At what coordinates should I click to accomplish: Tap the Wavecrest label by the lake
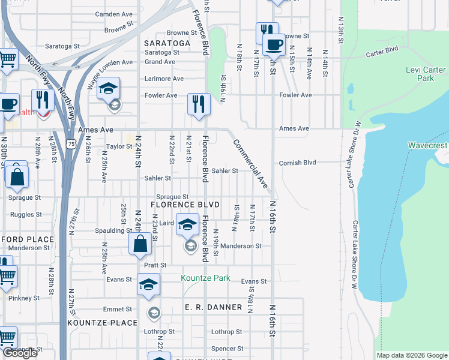[x=428, y=146]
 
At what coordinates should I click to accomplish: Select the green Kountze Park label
[x=206, y=278]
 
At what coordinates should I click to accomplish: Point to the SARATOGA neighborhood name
[x=167, y=44]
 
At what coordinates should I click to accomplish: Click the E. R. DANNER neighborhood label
[x=213, y=307]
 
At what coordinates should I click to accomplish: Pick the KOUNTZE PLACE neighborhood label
[x=103, y=323]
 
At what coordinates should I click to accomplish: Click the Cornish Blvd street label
[x=297, y=163]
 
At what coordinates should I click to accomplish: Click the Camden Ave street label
[x=112, y=14]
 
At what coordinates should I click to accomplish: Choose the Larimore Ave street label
[x=164, y=79]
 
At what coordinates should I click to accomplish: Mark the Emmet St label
[x=117, y=310]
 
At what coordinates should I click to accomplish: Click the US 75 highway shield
[x=71, y=144]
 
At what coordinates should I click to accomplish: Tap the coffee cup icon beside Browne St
[x=274, y=44]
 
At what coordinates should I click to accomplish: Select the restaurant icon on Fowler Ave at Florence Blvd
[x=198, y=104]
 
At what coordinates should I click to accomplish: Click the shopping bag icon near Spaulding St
[x=140, y=244]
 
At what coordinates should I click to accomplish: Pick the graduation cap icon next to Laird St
[x=187, y=224]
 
